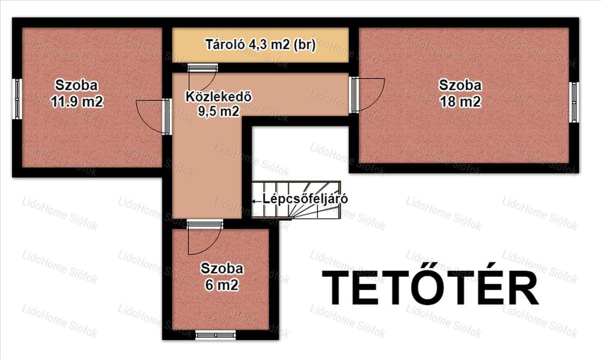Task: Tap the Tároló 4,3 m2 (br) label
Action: pyautogui.click(x=260, y=45)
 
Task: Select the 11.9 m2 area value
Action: pyautogui.click(x=77, y=102)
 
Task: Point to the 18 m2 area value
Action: pyautogui.click(x=460, y=102)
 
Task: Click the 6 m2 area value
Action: pyautogui.click(x=222, y=285)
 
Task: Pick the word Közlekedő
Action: pyautogui.click(x=219, y=97)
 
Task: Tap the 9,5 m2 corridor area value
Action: pyautogui.click(x=219, y=111)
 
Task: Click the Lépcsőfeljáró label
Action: pyautogui.click(x=306, y=199)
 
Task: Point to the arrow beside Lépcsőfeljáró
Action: pyautogui.click(x=256, y=201)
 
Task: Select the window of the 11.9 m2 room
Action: pyautogui.click(x=18, y=99)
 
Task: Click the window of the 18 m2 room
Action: pyautogui.click(x=573, y=102)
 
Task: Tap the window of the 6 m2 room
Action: pyautogui.click(x=215, y=335)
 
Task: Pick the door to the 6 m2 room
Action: pyautogui.click(x=204, y=237)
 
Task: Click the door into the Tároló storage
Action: pyautogui.click(x=202, y=77)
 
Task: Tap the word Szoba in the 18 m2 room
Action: pyautogui.click(x=460, y=85)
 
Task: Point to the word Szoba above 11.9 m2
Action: pyautogui.click(x=77, y=85)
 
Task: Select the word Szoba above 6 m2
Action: pyautogui.click(x=222, y=268)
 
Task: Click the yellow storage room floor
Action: pyautogui.click(x=260, y=45)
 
